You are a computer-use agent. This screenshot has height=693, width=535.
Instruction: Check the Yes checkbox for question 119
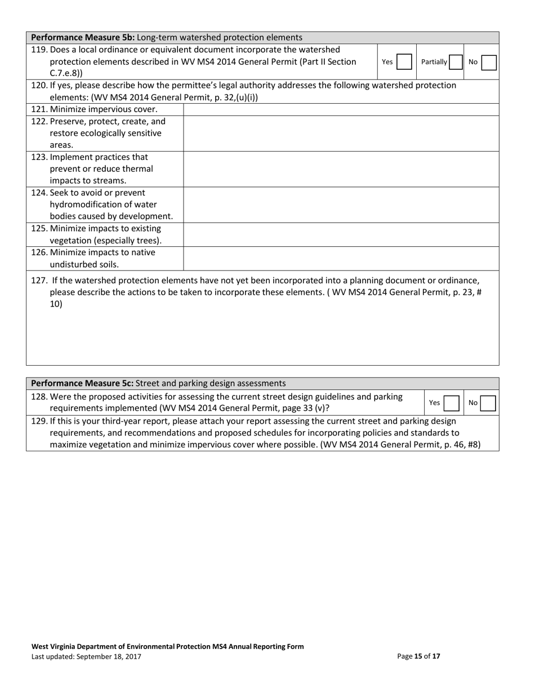pyautogui.click(x=404, y=62)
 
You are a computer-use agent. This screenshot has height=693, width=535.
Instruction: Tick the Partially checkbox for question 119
pyautogui.click(x=456, y=62)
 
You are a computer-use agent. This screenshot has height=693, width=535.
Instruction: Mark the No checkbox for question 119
pyautogui.click(x=489, y=62)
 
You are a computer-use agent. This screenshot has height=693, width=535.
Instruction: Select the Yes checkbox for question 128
pyautogui.click(x=451, y=403)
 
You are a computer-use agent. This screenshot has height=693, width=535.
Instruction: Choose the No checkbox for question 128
pyautogui.click(x=488, y=403)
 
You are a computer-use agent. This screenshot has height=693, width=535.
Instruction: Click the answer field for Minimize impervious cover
pyautogui.click(x=341, y=109)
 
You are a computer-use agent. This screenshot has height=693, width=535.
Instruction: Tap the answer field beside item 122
pyautogui.click(x=341, y=133)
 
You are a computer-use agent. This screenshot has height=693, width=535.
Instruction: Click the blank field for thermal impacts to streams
pyautogui.click(x=341, y=169)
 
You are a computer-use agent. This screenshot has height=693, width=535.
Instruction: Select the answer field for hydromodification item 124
pyautogui.click(x=341, y=205)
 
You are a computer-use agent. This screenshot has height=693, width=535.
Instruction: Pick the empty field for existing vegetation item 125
pyautogui.click(x=341, y=234)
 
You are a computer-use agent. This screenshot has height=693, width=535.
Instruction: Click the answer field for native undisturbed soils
pyautogui.click(x=341, y=258)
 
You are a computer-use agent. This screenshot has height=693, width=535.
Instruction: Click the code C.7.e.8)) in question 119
pyautogui.click(x=66, y=73)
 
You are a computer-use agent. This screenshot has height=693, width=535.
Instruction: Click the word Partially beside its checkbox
pyautogui.click(x=434, y=62)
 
